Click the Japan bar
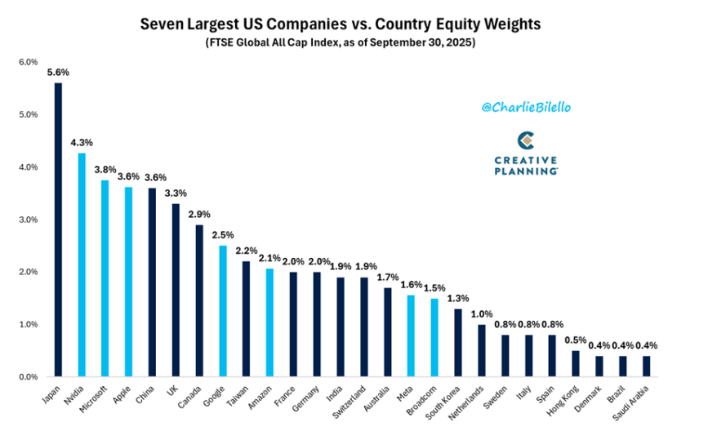[58, 229]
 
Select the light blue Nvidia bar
[82, 264]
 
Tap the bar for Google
[223, 311]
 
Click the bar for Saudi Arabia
[647, 366]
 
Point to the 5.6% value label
[58, 73]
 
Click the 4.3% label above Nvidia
[82, 143]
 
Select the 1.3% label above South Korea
[458, 299]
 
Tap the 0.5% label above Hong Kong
[576, 340]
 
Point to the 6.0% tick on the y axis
[28, 62]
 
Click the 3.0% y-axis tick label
[28, 220]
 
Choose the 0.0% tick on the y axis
[28, 377]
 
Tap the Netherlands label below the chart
[469, 401]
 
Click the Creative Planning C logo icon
[524, 139]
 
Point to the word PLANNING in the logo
[525, 171]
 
